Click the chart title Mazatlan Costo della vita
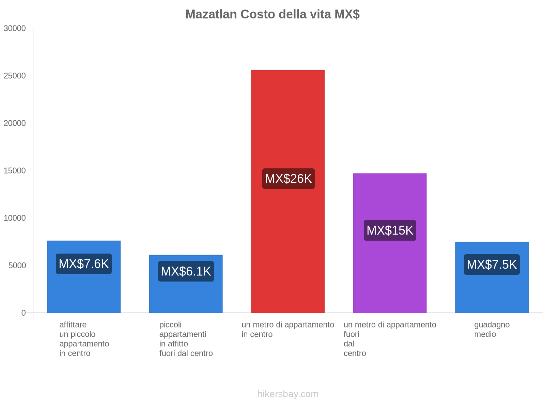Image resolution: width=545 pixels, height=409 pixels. point(272,14)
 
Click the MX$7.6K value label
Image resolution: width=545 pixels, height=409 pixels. point(84,264)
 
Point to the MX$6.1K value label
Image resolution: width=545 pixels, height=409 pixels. point(186,271)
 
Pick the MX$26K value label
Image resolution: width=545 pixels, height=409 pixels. point(288,179)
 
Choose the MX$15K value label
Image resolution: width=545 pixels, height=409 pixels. point(390,230)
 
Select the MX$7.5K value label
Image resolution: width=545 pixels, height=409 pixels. point(492,264)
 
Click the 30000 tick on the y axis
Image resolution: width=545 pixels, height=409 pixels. point(15,29)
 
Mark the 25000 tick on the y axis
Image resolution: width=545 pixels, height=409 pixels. point(15,76)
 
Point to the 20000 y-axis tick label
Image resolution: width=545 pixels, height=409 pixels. point(15,123)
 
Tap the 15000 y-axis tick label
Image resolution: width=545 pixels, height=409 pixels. point(15,171)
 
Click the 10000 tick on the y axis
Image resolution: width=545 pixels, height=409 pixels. point(15,218)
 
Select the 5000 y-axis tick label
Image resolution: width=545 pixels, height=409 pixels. point(17,266)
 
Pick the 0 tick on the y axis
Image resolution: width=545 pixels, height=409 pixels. point(24,313)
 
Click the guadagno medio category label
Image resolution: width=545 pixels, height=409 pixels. point(492,329)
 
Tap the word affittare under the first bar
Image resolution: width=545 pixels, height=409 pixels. point(73,324)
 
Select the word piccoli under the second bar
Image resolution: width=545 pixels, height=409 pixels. point(170,324)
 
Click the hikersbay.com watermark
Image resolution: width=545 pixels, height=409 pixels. point(288,394)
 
